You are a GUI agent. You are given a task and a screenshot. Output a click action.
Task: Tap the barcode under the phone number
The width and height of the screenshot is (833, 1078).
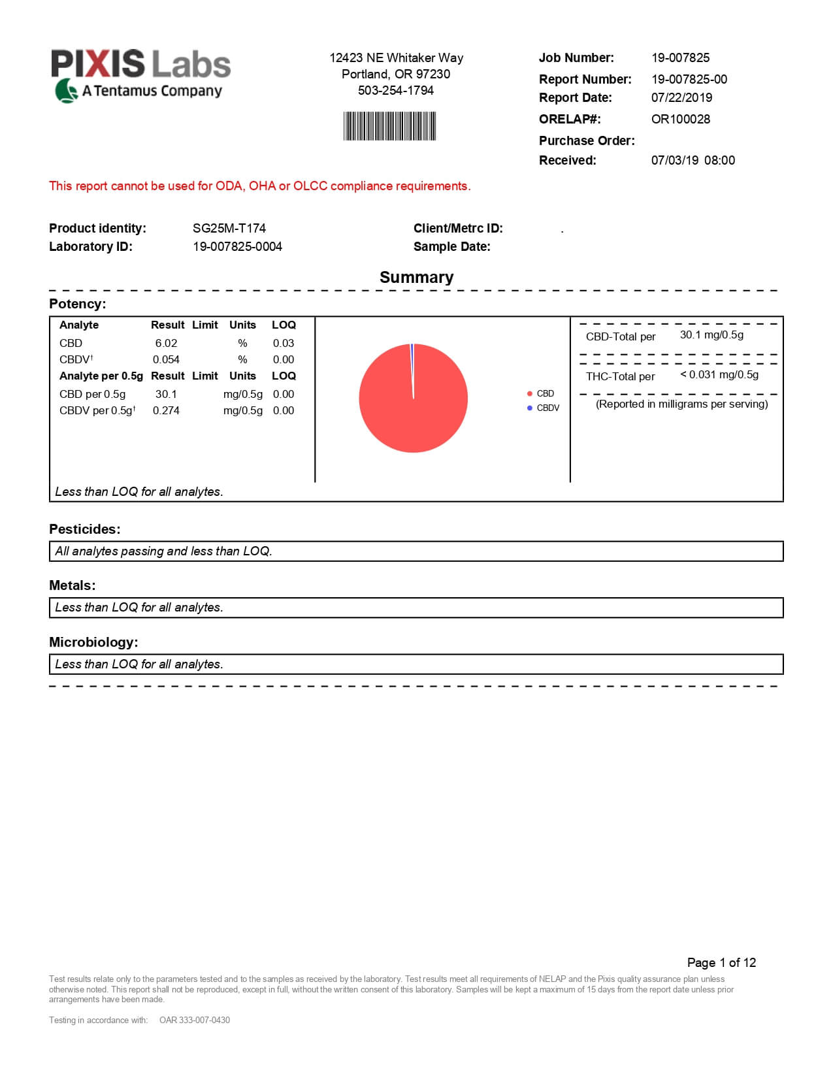[x=389, y=126]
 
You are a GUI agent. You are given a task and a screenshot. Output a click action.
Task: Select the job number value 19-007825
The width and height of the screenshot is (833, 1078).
[x=680, y=57]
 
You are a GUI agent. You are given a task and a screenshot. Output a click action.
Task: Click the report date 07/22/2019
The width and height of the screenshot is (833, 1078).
[x=681, y=97]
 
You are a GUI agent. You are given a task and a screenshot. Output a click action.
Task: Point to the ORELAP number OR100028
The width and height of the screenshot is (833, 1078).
[x=680, y=119]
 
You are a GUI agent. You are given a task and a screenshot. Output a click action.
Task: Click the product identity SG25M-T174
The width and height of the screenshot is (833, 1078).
[x=229, y=228]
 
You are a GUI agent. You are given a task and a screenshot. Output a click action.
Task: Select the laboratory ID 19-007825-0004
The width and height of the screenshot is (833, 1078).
[x=237, y=246]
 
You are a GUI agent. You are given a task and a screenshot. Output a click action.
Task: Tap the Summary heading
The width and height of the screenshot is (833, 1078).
[x=416, y=277]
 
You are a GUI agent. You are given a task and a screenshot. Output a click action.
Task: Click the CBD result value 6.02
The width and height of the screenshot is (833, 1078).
[x=166, y=343]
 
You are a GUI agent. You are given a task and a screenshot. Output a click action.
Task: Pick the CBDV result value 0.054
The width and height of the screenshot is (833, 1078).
[x=166, y=359]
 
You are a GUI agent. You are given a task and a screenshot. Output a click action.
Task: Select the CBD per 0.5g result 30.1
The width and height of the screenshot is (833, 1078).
[x=166, y=394]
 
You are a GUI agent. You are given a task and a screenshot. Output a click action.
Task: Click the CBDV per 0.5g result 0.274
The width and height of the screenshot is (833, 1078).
[x=166, y=410]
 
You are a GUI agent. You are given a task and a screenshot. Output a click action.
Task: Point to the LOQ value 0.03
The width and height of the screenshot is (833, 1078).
[x=284, y=343]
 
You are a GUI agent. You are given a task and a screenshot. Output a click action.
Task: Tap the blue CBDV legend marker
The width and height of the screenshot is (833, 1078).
[x=530, y=408]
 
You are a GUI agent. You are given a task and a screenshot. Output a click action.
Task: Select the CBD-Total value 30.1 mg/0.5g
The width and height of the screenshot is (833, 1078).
[x=711, y=335]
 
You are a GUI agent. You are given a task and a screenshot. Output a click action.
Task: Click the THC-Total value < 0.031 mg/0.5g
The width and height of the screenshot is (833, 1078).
[x=719, y=374]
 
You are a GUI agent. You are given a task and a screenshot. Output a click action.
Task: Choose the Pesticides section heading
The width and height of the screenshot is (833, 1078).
[x=84, y=529]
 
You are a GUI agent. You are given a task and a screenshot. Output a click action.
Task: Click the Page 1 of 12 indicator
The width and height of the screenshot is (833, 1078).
[x=721, y=962]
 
